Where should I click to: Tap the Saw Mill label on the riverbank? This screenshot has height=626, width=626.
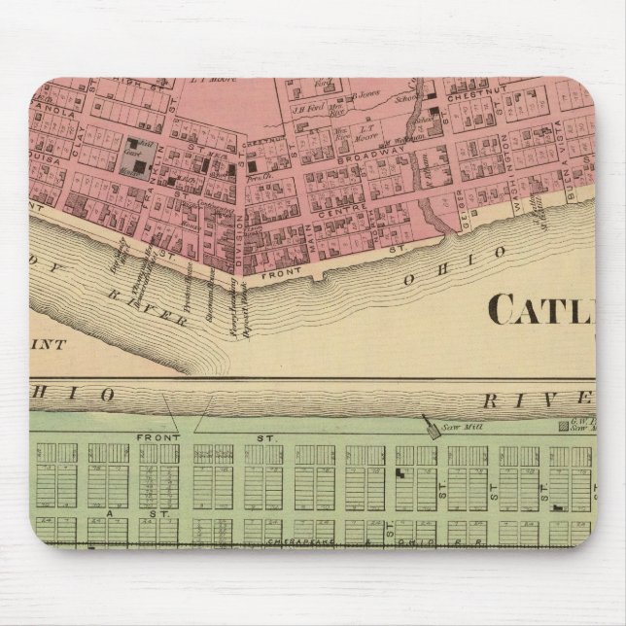pos(455,424)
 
